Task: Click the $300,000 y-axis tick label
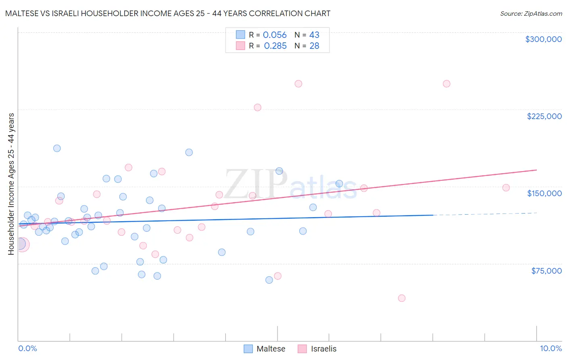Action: pos(543,39)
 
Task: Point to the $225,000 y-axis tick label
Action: pos(544,116)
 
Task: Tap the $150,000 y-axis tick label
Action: pos(544,193)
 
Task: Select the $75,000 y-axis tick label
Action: pos(546,271)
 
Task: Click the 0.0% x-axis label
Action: pos(27,348)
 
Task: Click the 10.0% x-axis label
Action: pos(550,348)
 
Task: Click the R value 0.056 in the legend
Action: pos(275,35)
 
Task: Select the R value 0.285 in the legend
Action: pos(275,46)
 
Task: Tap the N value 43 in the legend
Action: pos(314,35)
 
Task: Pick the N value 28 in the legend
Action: pos(314,46)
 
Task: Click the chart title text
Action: pos(168,13)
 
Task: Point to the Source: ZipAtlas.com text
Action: pos(531,13)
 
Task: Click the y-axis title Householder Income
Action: pos(11,184)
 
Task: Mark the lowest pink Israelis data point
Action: pos(401,298)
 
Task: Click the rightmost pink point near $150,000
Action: pos(506,188)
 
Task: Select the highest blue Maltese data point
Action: pos(57,148)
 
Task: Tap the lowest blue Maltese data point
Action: pos(269,280)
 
